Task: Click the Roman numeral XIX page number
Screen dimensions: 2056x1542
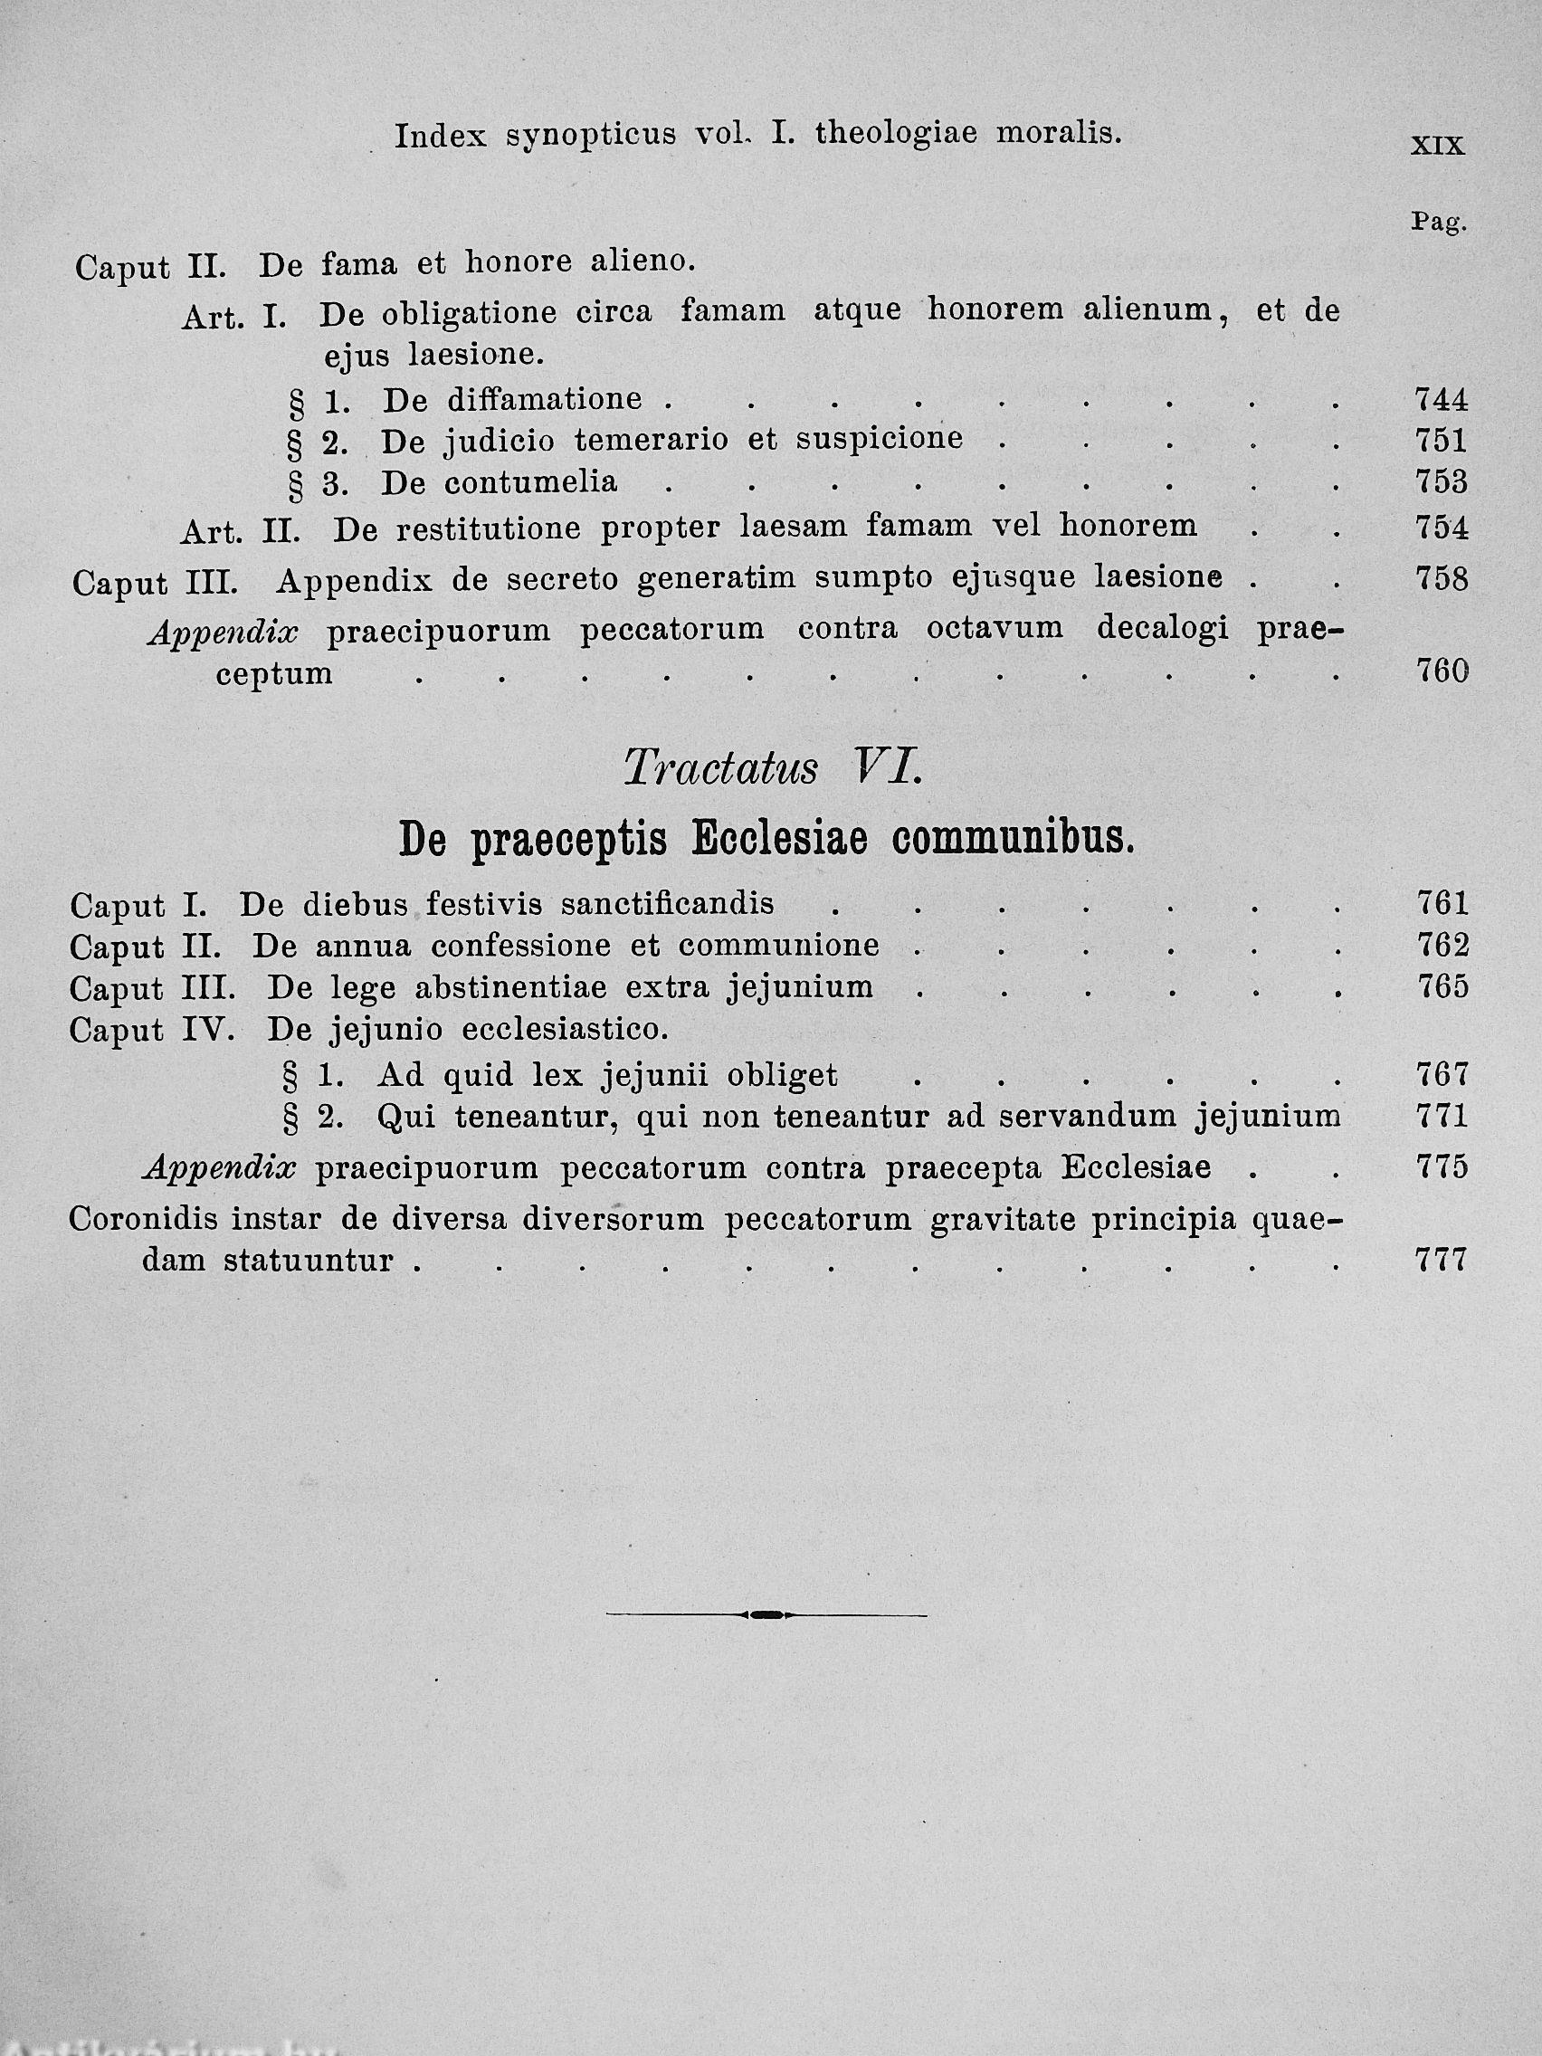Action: point(1437,146)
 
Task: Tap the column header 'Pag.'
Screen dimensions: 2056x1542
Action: point(1438,222)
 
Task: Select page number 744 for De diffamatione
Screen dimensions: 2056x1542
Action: point(1441,400)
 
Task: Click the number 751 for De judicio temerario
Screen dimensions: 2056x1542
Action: point(1441,441)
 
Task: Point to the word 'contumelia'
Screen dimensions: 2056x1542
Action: point(529,482)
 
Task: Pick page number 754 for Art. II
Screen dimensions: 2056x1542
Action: point(1441,527)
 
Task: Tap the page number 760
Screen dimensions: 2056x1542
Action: point(1442,671)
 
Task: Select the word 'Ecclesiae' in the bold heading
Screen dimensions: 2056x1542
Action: point(779,841)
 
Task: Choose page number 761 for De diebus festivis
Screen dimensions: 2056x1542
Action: point(1442,902)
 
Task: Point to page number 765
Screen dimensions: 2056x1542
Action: point(1442,986)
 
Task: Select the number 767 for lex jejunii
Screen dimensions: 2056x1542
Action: point(1442,1075)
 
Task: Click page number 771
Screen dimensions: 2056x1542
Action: point(1442,1116)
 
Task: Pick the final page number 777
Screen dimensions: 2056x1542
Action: point(1440,1261)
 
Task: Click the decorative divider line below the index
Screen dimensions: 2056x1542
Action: point(765,1614)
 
